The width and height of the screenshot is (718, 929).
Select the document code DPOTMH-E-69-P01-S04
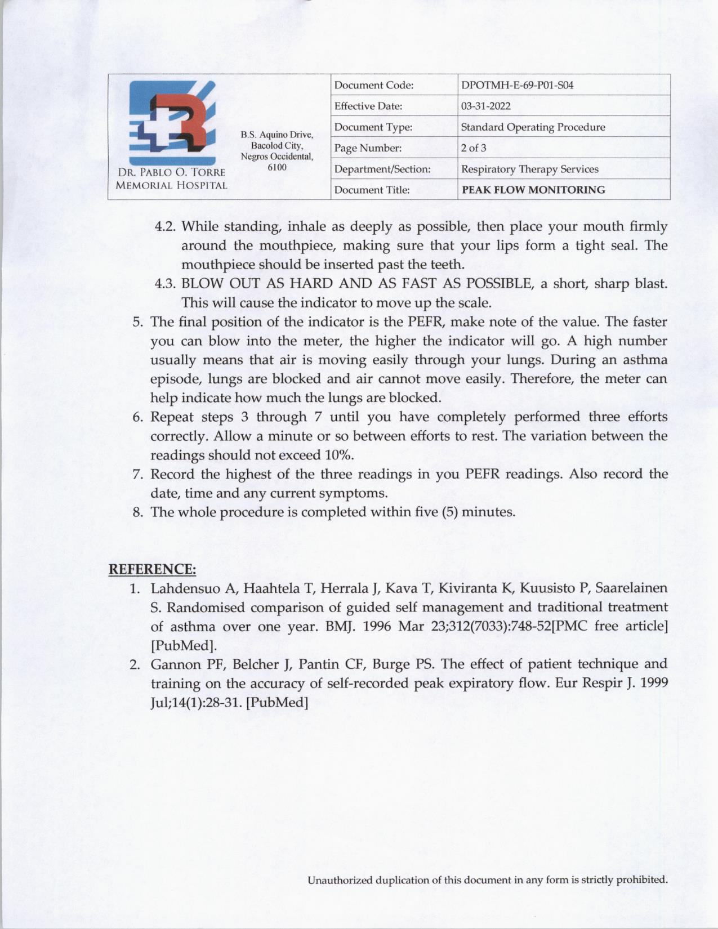[517, 86]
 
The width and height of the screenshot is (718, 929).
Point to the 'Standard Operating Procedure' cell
[533, 127]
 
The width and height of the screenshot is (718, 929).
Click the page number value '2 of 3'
[474, 148]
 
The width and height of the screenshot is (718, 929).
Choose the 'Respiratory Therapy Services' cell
[529, 169]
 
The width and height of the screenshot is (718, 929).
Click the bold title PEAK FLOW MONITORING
[533, 190]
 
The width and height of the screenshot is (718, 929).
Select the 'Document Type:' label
[373, 127]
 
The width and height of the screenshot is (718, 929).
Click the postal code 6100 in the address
[277, 167]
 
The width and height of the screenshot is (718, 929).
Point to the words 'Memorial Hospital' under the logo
[171, 185]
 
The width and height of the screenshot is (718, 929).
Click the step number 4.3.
[166, 283]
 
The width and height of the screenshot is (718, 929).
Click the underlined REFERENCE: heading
[152, 569]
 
